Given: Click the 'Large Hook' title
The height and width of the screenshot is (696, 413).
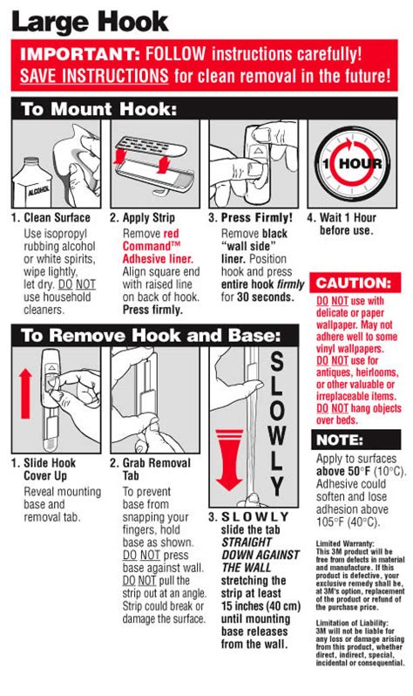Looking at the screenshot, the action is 90,22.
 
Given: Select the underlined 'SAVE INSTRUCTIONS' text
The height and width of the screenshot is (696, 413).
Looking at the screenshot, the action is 94,75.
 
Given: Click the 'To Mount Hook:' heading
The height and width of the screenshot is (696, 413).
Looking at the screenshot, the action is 98,109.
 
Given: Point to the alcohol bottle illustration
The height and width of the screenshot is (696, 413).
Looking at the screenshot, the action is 32,182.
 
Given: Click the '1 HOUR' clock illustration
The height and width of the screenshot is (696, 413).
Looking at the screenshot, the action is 352,163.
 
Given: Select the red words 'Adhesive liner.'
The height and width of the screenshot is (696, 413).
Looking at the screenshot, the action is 158,259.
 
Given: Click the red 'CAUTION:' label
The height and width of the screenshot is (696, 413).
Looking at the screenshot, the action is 354,283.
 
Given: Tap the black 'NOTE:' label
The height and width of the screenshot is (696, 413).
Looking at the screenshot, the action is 340,440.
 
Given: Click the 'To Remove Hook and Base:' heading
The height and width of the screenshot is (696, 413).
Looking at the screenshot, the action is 151,335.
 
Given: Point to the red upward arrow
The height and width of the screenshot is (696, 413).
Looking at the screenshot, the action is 26,393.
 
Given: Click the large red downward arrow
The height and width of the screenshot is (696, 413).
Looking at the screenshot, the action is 229,460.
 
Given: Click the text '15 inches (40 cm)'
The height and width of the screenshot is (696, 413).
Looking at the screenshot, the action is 261,606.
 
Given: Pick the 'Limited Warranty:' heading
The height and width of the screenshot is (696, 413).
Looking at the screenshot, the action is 345,543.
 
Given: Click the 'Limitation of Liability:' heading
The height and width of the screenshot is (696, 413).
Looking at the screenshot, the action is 352,623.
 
